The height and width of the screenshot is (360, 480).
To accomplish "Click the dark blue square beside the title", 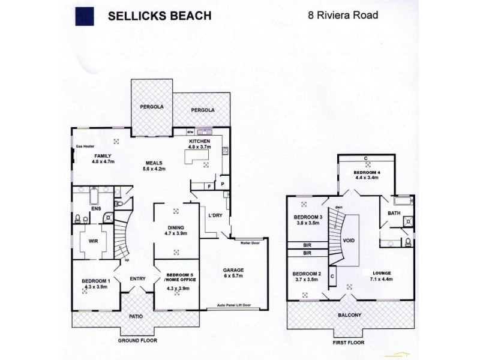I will [x=85, y=16].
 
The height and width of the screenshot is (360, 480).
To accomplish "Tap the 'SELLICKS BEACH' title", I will [x=159, y=16].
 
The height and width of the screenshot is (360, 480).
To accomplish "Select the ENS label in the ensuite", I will [x=96, y=209].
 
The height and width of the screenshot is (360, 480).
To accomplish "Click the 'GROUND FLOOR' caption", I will [x=137, y=340].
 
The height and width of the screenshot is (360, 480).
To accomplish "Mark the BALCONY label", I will [x=349, y=315].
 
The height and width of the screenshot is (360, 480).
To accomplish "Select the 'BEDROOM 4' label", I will [x=367, y=172].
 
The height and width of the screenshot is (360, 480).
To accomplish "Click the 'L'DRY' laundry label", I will [x=215, y=215].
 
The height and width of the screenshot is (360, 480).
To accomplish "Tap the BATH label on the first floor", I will [x=394, y=213].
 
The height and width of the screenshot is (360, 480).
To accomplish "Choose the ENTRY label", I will [x=137, y=278].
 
